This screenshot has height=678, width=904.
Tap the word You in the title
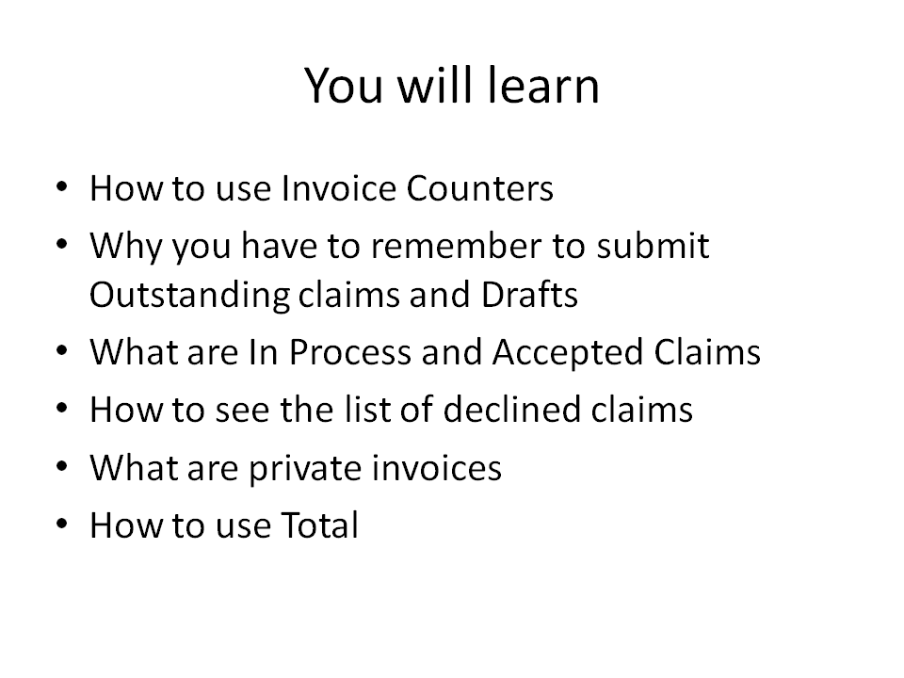click(344, 86)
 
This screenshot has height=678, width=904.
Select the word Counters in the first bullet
click(479, 188)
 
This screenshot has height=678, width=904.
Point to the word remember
click(456, 246)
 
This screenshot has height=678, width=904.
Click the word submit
click(653, 246)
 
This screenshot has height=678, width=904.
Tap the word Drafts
click(529, 295)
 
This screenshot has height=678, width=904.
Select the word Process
click(350, 352)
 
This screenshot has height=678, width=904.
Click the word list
click(366, 410)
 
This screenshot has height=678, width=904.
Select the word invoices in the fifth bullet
click(436, 468)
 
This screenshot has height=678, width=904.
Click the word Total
click(319, 525)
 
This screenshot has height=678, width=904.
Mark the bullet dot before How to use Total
click(62, 524)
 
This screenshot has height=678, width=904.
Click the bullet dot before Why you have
click(62, 245)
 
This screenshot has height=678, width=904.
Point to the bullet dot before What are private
click(62, 466)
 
